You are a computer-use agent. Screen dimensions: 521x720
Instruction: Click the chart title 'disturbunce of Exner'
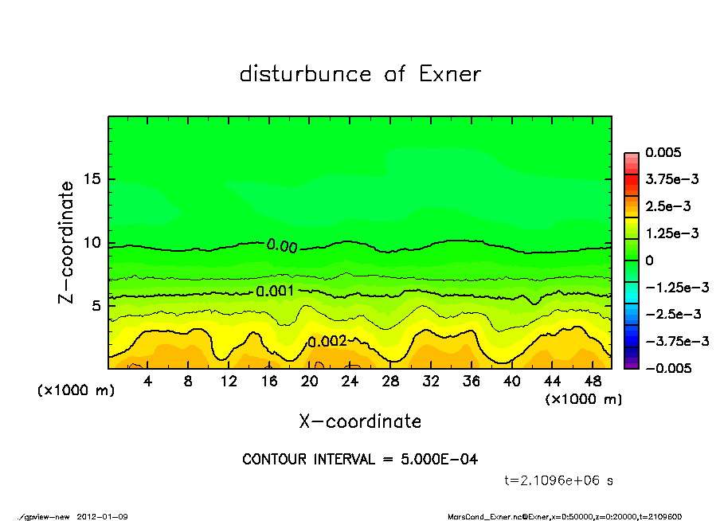(x=360, y=74)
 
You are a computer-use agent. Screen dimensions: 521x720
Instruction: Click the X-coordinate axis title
(x=360, y=421)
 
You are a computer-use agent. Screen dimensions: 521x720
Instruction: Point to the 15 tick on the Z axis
(x=91, y=179)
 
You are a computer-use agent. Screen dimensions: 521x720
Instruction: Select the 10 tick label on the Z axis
(x=91, y=243)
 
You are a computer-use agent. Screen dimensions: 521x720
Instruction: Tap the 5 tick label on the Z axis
(x=95, y=306)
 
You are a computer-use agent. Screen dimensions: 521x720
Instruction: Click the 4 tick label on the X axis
(x=148, y=382)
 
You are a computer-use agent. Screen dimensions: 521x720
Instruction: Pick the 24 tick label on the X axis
(x=350, y=382)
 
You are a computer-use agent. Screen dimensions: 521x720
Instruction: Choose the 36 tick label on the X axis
(x=472, y=382)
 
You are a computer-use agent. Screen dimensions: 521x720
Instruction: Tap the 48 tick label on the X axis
(x=593, y=382)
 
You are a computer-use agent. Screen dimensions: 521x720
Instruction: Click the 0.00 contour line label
(x=282, y=247)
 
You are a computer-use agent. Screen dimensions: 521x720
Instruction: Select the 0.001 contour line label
(x=276, y=292)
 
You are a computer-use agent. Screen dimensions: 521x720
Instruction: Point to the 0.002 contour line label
(x=327, y=342)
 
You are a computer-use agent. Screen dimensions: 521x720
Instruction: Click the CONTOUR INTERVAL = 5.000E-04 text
(x=360, y=460)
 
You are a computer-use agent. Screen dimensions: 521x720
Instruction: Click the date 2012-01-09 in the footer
(x=103, y=517)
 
